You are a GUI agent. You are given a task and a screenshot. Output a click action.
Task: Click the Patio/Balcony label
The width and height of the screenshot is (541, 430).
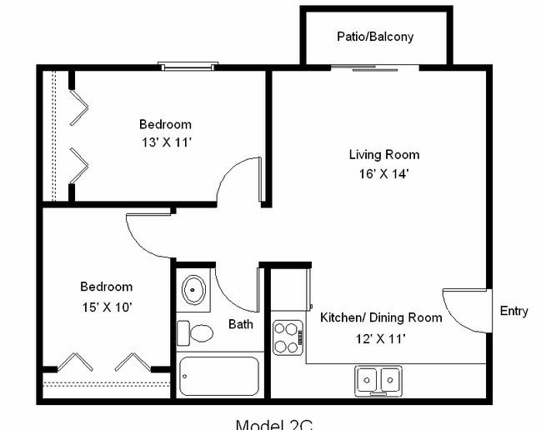click(375, 37)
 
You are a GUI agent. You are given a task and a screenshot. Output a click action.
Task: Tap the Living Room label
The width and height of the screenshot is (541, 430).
click(383, 154)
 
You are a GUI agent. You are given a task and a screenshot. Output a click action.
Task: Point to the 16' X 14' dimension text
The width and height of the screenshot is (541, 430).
click(383, 174)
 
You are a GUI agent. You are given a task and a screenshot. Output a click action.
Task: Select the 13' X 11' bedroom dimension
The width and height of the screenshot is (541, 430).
click(165, 142)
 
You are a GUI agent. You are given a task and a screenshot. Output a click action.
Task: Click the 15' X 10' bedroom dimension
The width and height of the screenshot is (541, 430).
click(106, 307)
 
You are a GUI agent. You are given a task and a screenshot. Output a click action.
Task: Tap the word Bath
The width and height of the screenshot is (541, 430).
click(241, 324)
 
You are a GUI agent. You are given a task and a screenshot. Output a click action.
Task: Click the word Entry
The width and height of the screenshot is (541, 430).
click(513, 311)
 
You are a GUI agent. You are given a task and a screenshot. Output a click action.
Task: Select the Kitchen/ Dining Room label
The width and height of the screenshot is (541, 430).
click(381, 317)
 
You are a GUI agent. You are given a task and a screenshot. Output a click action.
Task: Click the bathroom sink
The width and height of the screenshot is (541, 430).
click(194, 290)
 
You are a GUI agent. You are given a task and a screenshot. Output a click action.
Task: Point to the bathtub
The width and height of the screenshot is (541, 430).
click(219, 377)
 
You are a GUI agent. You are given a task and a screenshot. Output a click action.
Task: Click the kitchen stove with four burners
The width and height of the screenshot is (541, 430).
click(287, 337)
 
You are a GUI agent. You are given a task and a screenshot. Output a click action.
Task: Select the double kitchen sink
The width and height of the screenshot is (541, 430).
click(378, 379)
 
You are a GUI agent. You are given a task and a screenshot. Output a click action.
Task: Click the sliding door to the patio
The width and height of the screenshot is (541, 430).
click(385, 68)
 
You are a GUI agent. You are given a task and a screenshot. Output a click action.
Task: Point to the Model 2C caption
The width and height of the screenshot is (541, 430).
click(273, 424)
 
